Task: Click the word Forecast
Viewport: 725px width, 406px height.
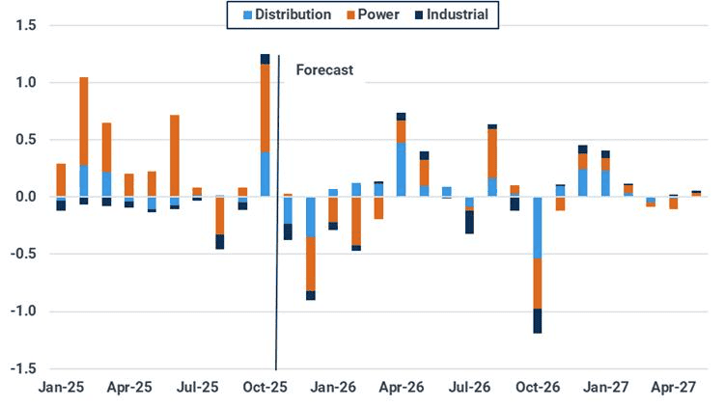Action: click(x=324, y=69)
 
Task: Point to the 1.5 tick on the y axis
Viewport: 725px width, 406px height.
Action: click(x=25, y=25)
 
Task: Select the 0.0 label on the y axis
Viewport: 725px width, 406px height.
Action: click(x=25, y=197)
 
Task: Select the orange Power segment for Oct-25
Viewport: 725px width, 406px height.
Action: click(x=265, y=107)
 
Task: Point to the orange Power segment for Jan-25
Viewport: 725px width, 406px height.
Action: click(x=61, y=179)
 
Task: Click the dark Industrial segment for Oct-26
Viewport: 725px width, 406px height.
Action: click(x=538, y=320)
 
